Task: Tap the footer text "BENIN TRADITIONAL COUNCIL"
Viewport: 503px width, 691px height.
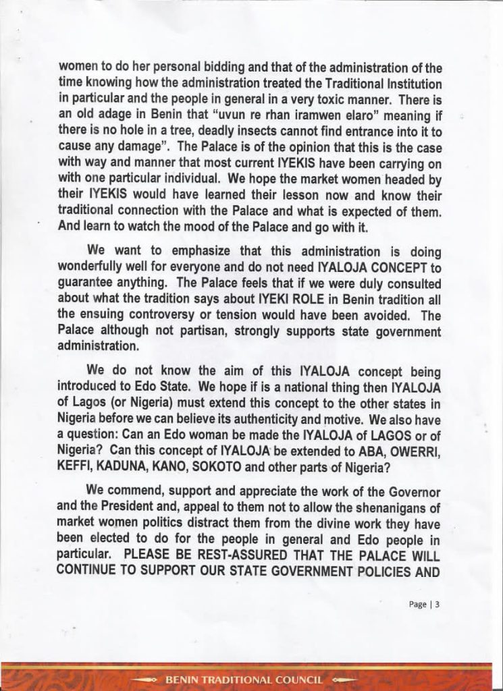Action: [244, 679]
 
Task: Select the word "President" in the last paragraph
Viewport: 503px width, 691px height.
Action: [153, 513]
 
